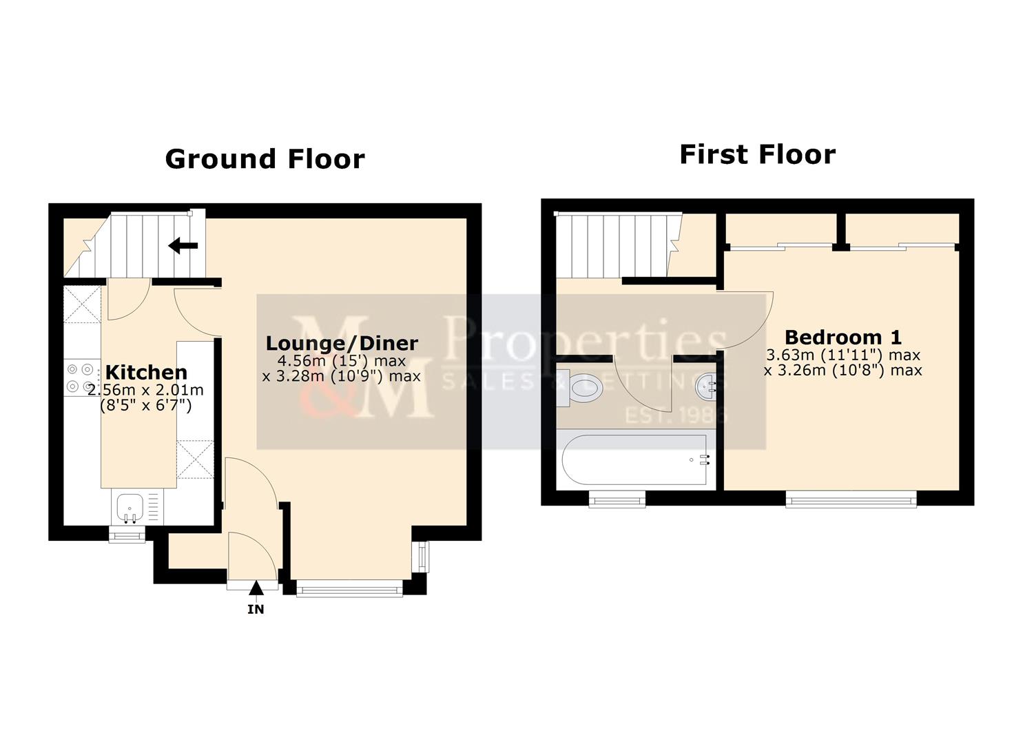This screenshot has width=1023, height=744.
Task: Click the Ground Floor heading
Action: (x=265, y=159)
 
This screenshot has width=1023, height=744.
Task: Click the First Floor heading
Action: (x=757, y=154)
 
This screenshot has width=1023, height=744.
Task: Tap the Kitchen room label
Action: (x=146, y=373)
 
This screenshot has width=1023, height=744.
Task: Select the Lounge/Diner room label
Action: (x=342, y=343)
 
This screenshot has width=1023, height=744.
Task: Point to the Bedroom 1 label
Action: (x=843, y=338)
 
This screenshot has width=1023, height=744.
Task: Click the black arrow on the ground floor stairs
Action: (x=183, y=245)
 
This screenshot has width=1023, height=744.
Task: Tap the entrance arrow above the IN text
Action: (x=256, y=588)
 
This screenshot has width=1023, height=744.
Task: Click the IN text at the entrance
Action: (x=256, y=609)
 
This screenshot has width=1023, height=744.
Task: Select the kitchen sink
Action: (x=129, y=508)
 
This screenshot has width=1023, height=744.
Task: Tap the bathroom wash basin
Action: (x=707, y=387)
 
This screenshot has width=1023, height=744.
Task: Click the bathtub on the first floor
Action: (x=634, y=459)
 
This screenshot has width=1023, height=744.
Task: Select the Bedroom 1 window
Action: (x=851, y=499)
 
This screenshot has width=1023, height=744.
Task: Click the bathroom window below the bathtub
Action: (x=617, y=499)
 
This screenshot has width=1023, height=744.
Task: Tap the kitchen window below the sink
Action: (x=127, y=535)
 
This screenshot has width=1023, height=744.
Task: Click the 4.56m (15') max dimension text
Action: (x=342, y=361)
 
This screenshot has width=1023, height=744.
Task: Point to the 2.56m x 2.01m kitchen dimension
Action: (x=146, y=390)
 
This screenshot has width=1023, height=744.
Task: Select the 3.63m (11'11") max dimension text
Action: (x=843, y=355)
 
